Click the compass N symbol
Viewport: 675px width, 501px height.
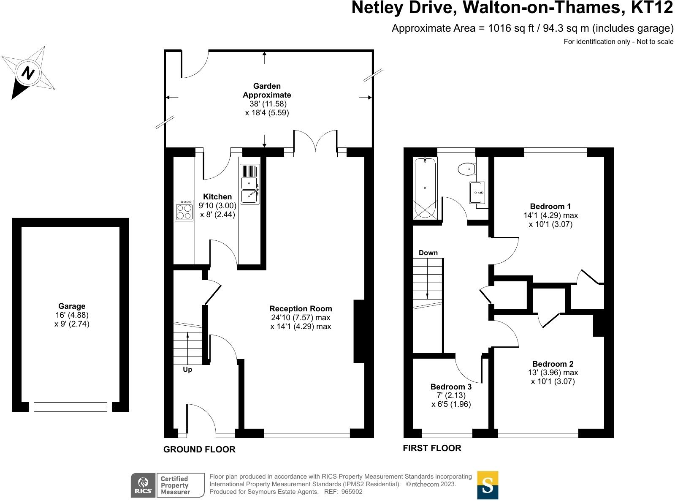point(28,73)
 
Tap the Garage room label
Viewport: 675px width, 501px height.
point(72,306)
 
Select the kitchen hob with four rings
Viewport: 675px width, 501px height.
point(184,210)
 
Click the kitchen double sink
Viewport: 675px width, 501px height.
point(250,184)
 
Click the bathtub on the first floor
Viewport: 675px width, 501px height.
point(425,188)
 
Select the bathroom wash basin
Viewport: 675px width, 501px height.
point(477,193)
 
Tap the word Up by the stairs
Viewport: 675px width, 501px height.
point(187,370)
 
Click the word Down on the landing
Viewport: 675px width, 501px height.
point(428,253)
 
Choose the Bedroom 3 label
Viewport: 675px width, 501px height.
point(451,387)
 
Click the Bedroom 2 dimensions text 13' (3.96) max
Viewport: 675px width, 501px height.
point(553,373)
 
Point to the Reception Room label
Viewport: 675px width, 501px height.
point(301,309)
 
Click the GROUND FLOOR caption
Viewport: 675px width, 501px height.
point(199,449)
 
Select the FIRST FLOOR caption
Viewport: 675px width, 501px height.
point(432,448)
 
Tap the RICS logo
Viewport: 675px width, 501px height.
point(143,485)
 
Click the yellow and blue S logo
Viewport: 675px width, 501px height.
point(488,485)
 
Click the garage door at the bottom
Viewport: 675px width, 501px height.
point(70,407)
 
